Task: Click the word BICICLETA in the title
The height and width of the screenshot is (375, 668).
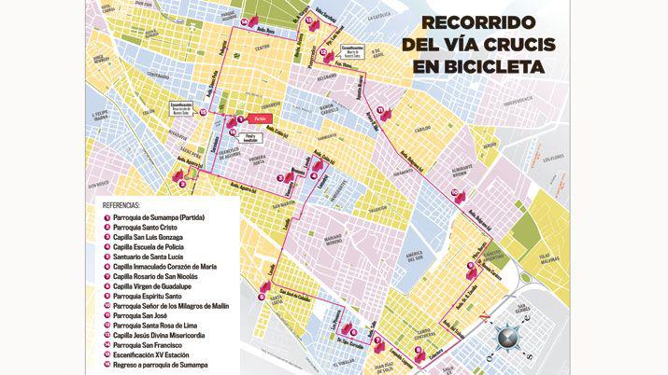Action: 505,67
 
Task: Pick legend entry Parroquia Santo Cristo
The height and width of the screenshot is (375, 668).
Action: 148,227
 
